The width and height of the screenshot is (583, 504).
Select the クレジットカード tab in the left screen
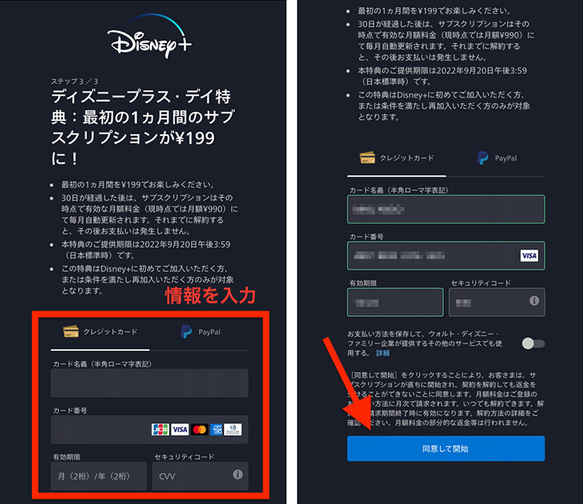pyautogui.click(x=101, y=332)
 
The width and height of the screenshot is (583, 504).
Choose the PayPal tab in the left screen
pyautogui.click(x=200, y=332)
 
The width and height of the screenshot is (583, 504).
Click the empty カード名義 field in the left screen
pyautogui.click(x=149, y=383)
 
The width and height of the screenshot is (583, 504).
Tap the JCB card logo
pyautogui.click(x=160, y=429)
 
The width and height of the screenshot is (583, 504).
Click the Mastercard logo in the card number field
pyautogui.click(x=199, y=429)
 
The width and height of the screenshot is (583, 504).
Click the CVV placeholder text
pyautogui.click(x=168, y=475)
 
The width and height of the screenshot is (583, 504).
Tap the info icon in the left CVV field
pyautogui.click(x=238, y=474)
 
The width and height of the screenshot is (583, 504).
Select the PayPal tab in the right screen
pyautogui.click(x=497, y=158)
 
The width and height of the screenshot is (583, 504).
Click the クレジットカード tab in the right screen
pyautogui.click(x=397, y=158)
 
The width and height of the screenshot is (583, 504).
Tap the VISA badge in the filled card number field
pyautogui.click(x=529, y=255)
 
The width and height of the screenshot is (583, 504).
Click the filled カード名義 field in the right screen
pyautogui.click(x=446, y=209)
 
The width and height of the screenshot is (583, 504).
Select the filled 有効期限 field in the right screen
pyautogui.click(x=396, y=301)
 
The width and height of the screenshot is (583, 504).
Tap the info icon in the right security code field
pyautogui.click(x=534, y=301)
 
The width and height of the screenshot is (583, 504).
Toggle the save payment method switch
pyautogui.click(x=533, y=343)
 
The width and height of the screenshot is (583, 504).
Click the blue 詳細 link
pyautogui.click(x=382, y=353)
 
